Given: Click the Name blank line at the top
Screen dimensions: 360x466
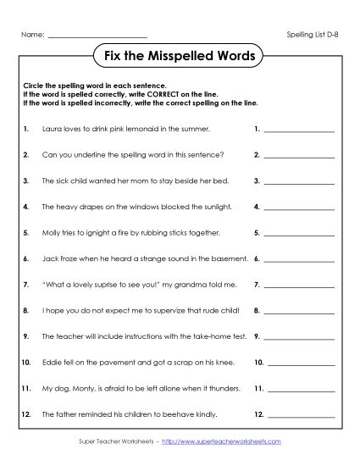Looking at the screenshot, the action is click(98, 36).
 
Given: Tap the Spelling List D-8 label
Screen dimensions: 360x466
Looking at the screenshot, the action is click(313, 35).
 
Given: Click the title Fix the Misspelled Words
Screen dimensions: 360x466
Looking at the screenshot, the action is click(179, 57).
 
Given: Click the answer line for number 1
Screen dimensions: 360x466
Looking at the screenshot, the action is click(299, 132).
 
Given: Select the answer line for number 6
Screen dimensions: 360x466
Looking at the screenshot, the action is click(299, 258).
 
